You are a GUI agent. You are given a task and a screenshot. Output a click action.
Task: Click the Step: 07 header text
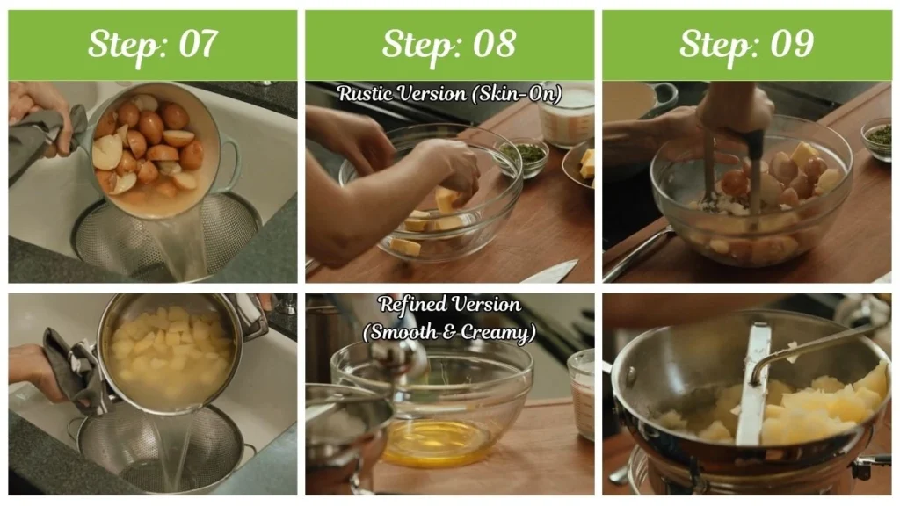coord(152,44)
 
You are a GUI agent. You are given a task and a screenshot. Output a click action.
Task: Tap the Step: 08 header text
coord(449,44)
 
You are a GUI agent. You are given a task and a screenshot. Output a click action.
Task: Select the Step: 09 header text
coord(746,44)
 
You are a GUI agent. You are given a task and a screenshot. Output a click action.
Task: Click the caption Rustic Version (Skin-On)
coord(449,94)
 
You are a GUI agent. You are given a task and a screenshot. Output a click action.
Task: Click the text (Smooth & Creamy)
coord(449,332)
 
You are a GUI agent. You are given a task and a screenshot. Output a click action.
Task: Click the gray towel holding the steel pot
coord(75,369)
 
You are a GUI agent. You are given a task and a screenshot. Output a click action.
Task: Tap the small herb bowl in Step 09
coord(878,136)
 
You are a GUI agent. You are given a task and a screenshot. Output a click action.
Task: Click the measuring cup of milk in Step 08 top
coord(567,114)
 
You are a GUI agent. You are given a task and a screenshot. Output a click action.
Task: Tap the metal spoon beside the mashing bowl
coord(637,255)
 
